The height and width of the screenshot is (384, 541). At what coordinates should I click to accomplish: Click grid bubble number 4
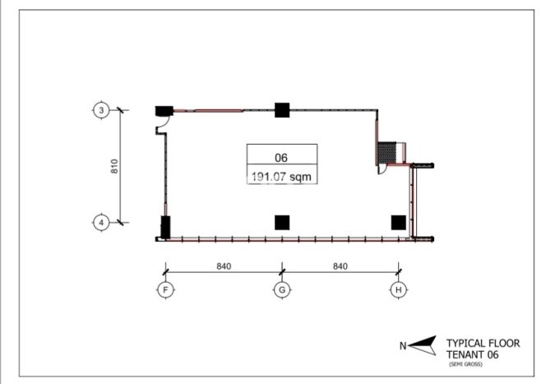coord(101,223)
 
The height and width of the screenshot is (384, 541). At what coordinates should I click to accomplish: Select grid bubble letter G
coord(282,289)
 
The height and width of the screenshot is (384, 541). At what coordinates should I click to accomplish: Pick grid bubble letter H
coord(399,289)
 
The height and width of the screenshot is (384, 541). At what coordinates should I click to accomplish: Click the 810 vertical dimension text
coord(114,166)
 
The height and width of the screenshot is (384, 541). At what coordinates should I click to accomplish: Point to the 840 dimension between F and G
coord(224,266)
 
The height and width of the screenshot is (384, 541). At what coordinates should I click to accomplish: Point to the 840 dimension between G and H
coord(340,266)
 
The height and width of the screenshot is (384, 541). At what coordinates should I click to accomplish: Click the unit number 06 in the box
coord(281,158)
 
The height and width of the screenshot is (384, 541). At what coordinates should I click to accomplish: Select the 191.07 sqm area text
coord(281,177)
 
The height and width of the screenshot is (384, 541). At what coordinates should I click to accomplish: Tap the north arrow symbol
coord(423,345)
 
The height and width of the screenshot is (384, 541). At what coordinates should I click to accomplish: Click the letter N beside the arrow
coord(403,345)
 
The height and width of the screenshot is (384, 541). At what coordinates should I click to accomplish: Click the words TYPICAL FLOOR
coord(483,343)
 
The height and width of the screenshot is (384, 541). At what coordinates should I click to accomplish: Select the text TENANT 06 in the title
coord(472,354)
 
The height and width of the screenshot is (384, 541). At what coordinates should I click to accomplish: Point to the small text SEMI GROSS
coord(465,364)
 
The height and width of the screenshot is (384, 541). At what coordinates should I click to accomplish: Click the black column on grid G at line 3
coord(282,110)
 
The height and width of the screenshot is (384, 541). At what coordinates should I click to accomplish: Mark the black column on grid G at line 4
coord(282,223)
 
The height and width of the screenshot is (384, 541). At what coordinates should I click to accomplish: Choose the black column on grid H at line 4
coord(399,223)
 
